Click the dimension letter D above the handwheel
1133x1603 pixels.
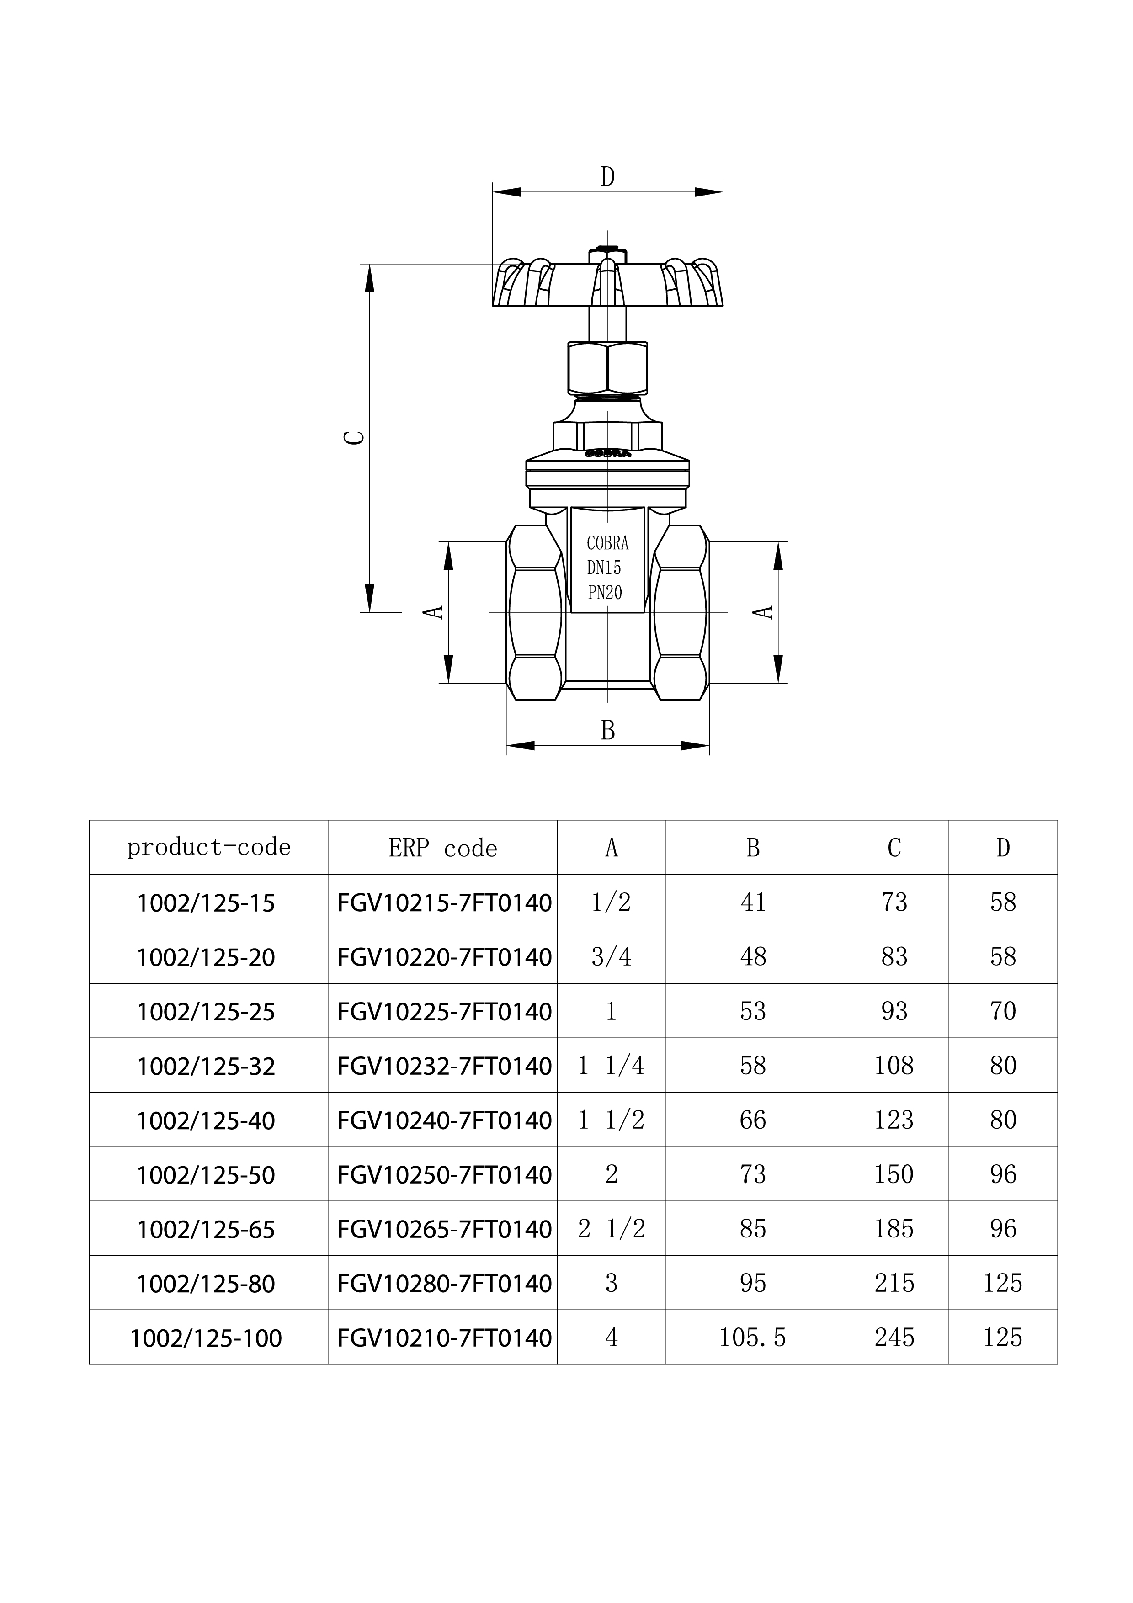click(x=607, y=177)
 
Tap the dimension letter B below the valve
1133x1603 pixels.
click(x=607, y=730)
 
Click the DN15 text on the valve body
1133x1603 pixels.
click(x=604, y=568)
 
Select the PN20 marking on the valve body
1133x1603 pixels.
click(x=605, y=593)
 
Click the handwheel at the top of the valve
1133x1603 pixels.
click(x=607, y=284)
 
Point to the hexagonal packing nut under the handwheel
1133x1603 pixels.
click(x=607, y=368)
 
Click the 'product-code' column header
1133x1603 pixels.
click(x=209, y=847)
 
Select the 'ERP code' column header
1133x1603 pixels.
click(x=442, y=848)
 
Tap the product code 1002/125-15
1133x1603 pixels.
click(x=206, y=903)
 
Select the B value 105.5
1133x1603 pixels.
click(x=753, y=1338)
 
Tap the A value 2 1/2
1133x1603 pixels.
click(x=611, y=1229)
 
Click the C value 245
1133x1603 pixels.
click(x=894, y=1338)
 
